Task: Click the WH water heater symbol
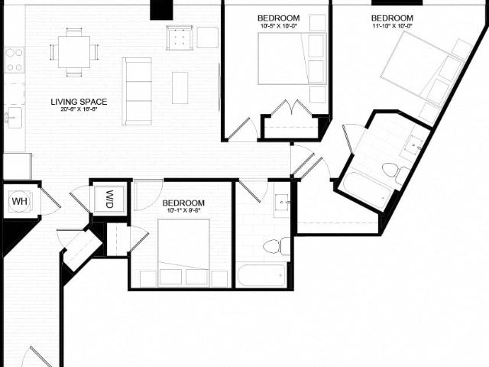(x=18, y=202)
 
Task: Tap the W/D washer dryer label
(x=109, y=199)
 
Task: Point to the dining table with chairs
(x=73, y=52)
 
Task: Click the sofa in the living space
(x=138, y=90)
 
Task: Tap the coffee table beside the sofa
(x=180, y=87)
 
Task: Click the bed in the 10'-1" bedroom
(x=183, y=248)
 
